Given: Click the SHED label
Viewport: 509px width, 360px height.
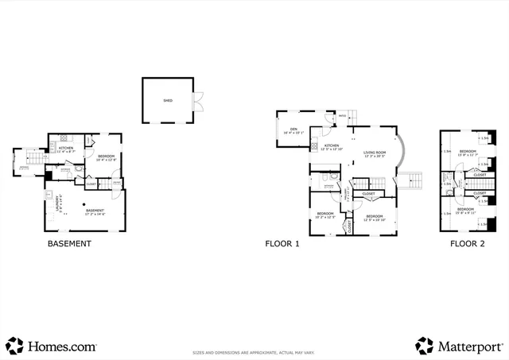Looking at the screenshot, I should (168, 101).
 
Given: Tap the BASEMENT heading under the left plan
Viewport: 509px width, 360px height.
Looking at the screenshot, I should (70, 244).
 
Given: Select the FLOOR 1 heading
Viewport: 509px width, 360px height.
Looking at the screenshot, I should (282, 244).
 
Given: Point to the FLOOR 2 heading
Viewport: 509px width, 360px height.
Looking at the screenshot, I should (467, 244).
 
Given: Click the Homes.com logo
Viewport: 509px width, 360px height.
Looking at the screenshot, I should (51, 346).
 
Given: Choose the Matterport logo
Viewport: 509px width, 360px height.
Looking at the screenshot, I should (459, 346).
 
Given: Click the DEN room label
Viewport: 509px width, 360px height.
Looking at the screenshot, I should (293, 130).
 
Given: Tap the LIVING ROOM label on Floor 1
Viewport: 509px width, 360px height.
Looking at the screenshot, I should (374, 153).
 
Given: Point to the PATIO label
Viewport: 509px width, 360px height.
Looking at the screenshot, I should (343, 117).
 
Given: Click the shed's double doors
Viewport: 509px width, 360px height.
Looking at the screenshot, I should (198, 101).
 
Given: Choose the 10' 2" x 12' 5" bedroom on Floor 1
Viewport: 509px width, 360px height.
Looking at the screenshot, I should (324, 215).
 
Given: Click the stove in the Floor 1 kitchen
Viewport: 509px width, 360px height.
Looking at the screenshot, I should (315, 147).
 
